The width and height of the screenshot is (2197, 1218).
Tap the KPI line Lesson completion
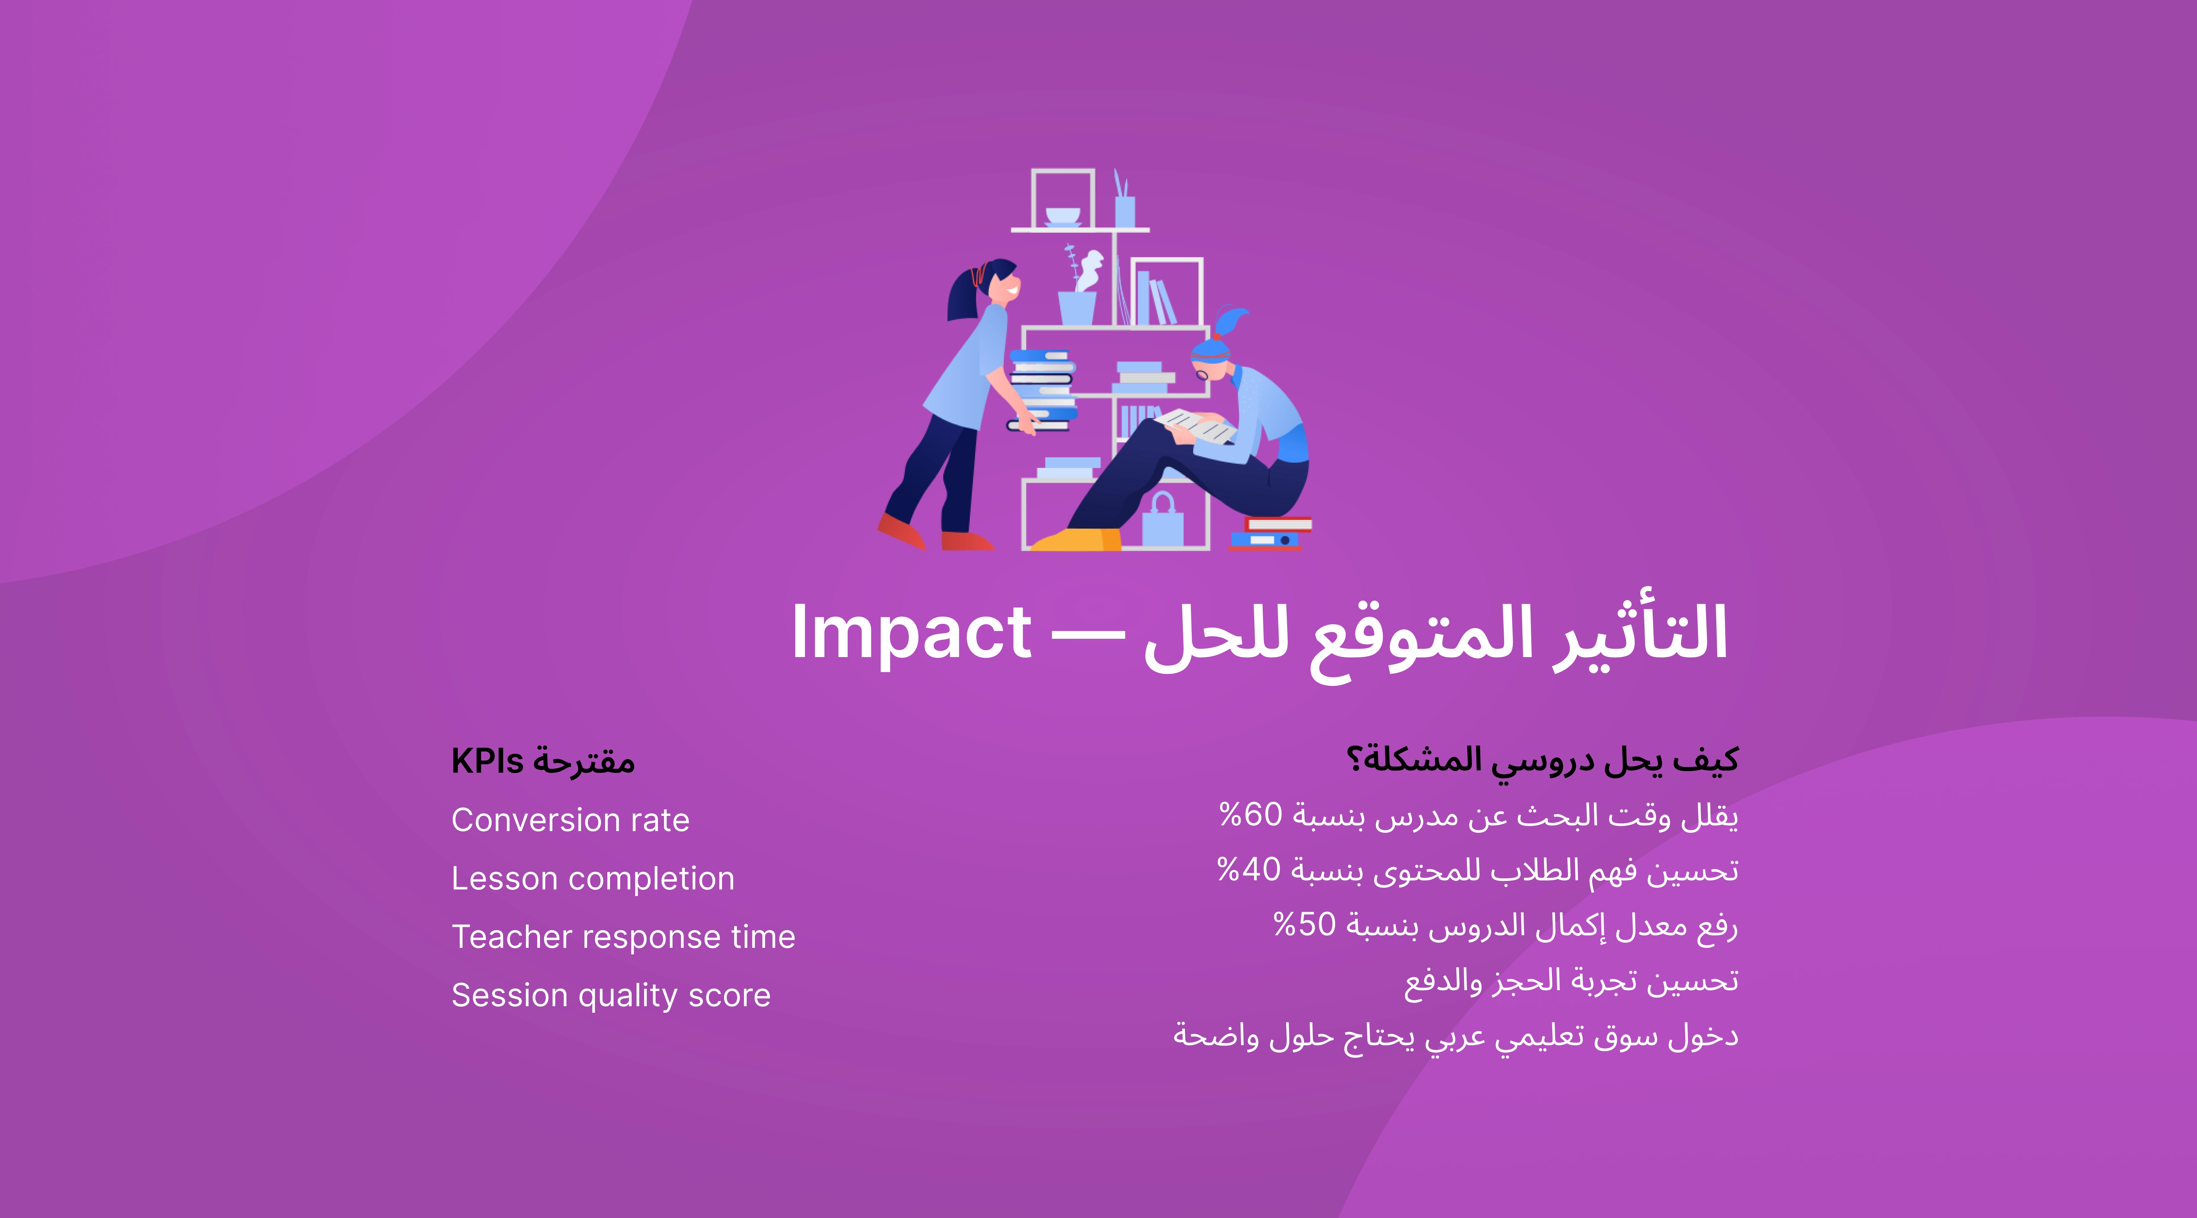click(593, 879)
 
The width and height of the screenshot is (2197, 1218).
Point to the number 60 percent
click(1251, 814)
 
